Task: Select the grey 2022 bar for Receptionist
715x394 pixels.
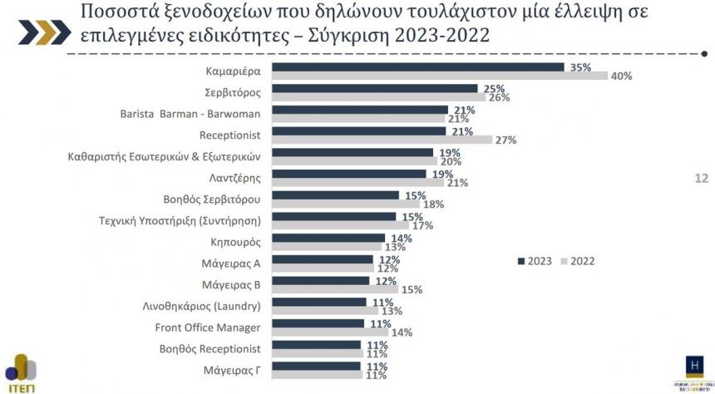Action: pyautogui.click(x=382, y=140)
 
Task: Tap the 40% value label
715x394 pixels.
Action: pyautogui.click(x=621, y=76)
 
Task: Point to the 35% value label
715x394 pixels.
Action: pyautogui.click(x=580, y=66)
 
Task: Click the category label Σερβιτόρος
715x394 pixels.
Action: pyautogui.click(x=234, y=91)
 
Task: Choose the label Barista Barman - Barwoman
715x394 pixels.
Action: pyautogui.click(x=191, y=113)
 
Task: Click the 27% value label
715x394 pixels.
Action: pyautogui.click(x=505, y=140)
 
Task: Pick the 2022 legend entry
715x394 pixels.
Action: pyautogui.click(x=578, y=261)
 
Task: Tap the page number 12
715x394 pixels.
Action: pyautogui.click(x=701, y=177)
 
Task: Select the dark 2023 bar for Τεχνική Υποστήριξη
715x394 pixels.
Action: pyautogui.click(x=334, y=216)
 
